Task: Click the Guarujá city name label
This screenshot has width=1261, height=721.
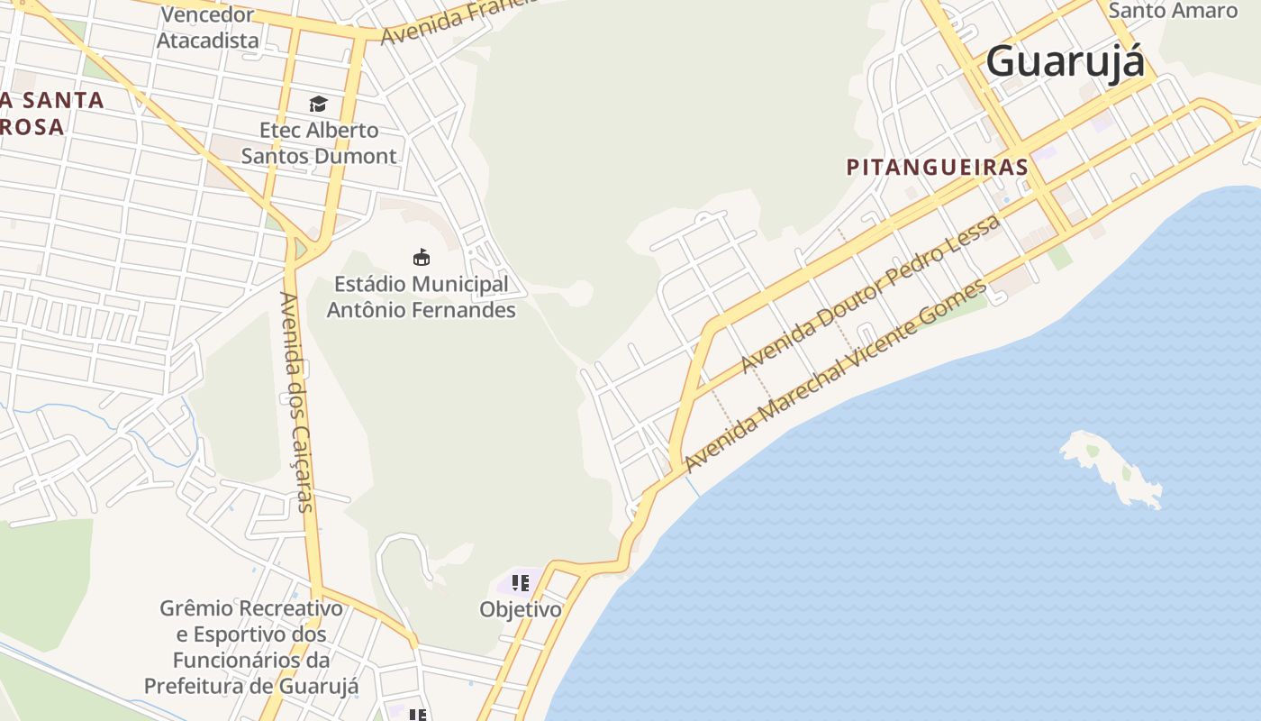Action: point(1065,61)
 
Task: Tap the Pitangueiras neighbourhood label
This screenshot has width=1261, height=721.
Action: point(938,167)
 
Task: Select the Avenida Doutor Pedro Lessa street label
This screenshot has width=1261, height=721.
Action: point(870,293)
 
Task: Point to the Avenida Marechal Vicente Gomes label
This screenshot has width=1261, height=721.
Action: point(837,377)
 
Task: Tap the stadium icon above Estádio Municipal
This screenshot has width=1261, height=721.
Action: point(421,258)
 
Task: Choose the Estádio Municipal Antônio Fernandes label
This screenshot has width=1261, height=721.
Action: point(421,297)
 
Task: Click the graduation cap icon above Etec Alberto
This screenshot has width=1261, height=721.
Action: point(318,105)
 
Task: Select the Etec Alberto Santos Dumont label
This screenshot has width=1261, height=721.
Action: point(319,143)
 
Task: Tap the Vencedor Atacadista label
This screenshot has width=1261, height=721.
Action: point(208,28)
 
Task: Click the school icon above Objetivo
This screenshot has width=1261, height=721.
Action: point(520,583)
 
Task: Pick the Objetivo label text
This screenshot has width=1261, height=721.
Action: point(520,609)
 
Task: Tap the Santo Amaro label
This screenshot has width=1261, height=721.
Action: point(1173,11)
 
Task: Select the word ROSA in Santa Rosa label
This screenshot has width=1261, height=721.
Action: point(32,127)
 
